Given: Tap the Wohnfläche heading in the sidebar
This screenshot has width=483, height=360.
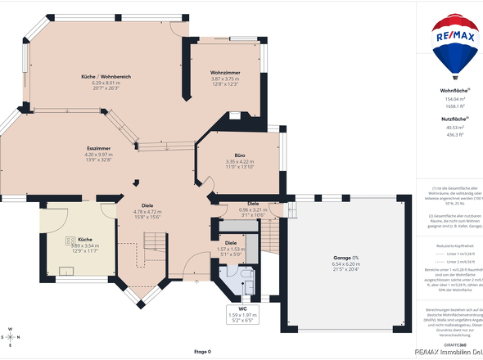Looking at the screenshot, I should [453, 91].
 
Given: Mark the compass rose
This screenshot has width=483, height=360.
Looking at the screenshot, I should [10, 335].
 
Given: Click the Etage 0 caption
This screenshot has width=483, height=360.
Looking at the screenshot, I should [202, 351].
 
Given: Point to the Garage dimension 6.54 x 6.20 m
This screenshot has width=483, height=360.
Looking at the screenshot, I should [346, 263].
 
